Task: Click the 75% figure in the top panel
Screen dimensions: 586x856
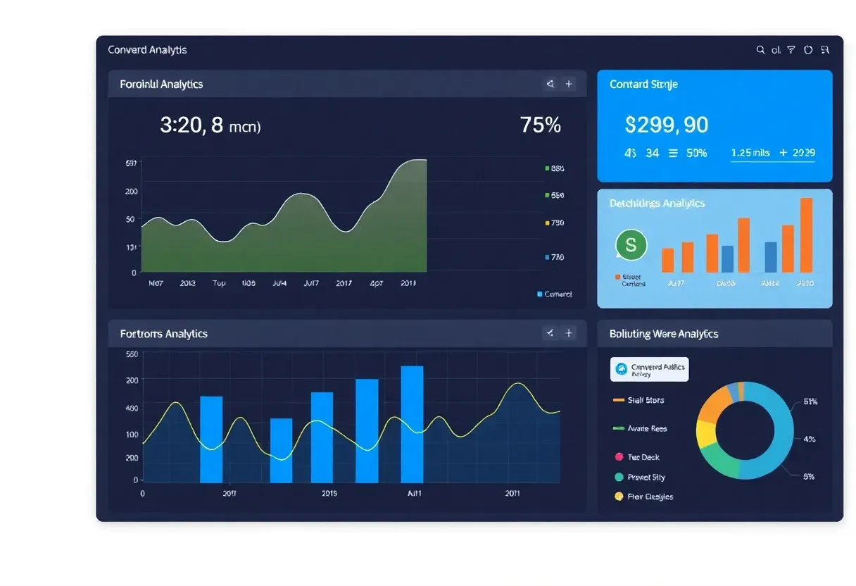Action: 541,125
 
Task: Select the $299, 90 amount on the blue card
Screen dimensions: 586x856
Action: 666,125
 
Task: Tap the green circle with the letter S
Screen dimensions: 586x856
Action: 631,245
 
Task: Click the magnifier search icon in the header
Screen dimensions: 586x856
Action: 760,50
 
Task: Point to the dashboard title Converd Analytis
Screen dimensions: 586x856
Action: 147,50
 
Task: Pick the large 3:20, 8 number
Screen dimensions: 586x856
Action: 191,125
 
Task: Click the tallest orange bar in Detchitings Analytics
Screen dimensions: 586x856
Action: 806,235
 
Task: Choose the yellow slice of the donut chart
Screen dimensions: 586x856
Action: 706,434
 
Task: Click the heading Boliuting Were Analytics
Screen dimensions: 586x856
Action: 663,334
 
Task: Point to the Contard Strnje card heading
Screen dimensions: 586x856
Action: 643,85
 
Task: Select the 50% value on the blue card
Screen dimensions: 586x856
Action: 696,153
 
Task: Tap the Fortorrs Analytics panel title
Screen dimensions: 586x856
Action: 163,334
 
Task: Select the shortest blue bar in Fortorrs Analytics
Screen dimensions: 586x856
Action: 281,450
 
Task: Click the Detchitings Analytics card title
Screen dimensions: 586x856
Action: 656,204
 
